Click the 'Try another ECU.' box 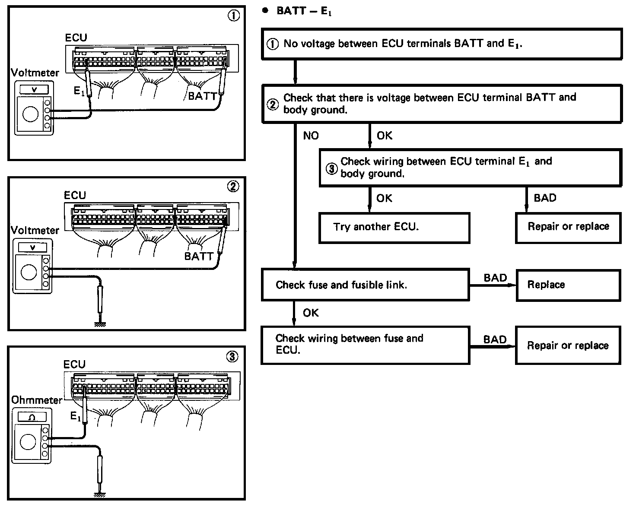[x=394, y=228]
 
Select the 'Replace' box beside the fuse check [x=568, y=285]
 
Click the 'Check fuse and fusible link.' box [x=365, y=285]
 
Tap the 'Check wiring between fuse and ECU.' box [x=365, y=345]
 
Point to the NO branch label [x=311, y=136]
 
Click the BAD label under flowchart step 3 [x=545, y=198]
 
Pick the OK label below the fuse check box [x=311, y=313]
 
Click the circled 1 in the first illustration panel [x=233, y=16]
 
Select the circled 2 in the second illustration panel [x=233, y=187]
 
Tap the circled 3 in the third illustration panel [x=232, y=357]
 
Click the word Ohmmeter [x=37, y=400]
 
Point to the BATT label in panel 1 [x=203, y=96]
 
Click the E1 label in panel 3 [x=75, y=416]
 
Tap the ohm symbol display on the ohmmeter [x=32, y=417]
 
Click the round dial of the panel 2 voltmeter [x=29, y=272]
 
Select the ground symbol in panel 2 [x=100, y=325]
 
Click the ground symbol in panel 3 [x=100, y=495]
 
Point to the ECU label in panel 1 [x=76, y=38]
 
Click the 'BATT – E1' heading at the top [x=304, y=11]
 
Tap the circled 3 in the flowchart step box [x=331, y=169]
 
